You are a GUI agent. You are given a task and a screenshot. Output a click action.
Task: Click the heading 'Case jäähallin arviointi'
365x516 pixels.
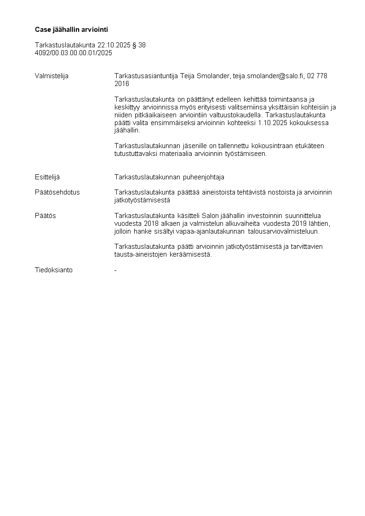pos(71,29)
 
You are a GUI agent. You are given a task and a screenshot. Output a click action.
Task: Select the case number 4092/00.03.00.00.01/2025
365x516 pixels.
pos(74,53)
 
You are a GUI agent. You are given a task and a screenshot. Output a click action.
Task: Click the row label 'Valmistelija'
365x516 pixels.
pos(51,76)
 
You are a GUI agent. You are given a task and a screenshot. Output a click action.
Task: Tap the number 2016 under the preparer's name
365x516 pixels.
pos(122,84)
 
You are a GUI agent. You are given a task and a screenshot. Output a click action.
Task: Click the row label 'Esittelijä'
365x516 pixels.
pos(47,177)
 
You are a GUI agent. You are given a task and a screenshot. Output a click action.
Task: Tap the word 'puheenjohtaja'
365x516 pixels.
pos(204,177)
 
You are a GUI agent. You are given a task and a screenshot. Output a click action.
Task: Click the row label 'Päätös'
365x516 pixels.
pos(46,216)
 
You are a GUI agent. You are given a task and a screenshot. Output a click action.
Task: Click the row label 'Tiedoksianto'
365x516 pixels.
pos(54,270)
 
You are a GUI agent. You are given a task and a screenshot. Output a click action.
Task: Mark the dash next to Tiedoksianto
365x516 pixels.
pos(115,270)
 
